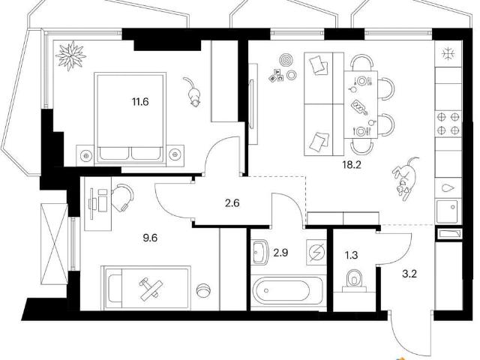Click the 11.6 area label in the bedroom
140,101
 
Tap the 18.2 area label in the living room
352,165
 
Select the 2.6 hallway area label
232,203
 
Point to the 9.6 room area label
150,238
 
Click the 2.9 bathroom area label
280,253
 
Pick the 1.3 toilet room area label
352,255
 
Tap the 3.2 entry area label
409,273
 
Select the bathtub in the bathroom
286,290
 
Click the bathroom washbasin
260,252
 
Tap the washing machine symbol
316,252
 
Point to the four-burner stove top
448,123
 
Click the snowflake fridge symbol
448,54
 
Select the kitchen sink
448,211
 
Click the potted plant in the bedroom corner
70,55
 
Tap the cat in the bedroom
193,92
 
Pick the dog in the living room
405,178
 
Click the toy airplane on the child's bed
151,289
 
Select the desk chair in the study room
122,198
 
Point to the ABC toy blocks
277,75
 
